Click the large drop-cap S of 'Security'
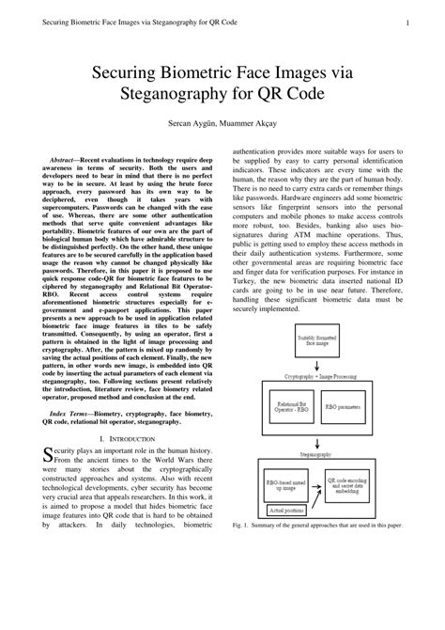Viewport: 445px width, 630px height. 50,456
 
